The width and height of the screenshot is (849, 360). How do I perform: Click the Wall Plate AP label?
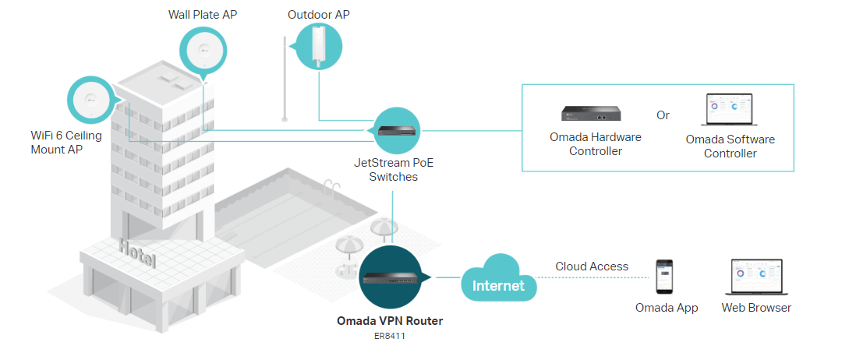203,15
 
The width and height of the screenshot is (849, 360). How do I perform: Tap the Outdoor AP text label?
320,15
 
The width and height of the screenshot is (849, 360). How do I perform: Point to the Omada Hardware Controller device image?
593,115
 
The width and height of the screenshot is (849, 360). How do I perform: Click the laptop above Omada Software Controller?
729,111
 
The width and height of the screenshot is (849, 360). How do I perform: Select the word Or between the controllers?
663,115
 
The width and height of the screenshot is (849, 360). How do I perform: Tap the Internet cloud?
499,283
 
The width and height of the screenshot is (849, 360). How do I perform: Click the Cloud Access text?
592,266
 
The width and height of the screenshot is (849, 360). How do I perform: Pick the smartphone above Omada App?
665,276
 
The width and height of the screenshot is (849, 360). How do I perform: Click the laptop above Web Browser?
756,277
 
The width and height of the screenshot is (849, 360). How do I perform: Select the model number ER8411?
390,337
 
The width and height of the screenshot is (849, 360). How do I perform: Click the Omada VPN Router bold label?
390,320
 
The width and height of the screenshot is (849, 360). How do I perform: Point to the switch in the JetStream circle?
398,130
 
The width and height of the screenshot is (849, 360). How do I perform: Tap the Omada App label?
667,308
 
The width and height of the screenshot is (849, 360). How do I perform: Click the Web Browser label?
756,308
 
